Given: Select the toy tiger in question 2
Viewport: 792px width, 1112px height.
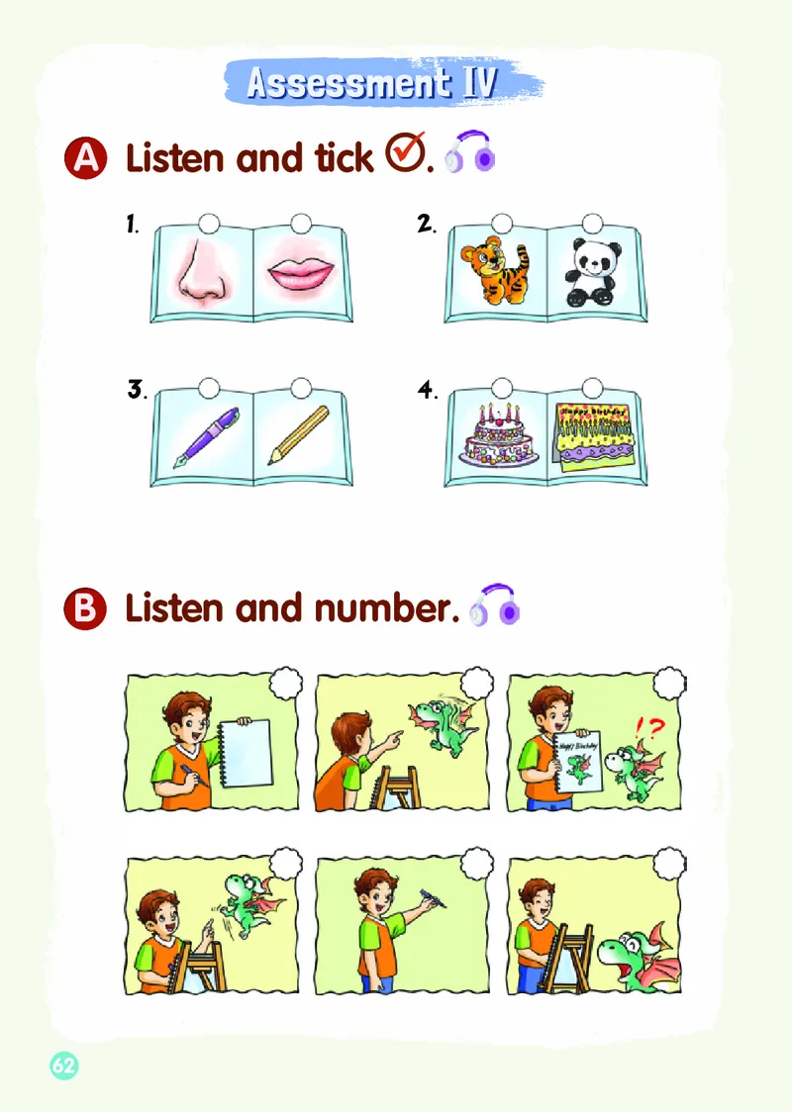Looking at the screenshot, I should tap(495, 271).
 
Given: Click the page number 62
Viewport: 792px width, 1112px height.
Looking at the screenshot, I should tap(63, 1065).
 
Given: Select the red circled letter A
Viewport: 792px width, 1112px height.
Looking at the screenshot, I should tap(86, 158).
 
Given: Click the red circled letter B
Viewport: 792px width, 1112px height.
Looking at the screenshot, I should tap(86, 608).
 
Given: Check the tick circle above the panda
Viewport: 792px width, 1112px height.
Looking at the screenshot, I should tap(592, 223).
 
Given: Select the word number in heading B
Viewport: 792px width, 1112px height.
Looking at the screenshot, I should tap(387, 608).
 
